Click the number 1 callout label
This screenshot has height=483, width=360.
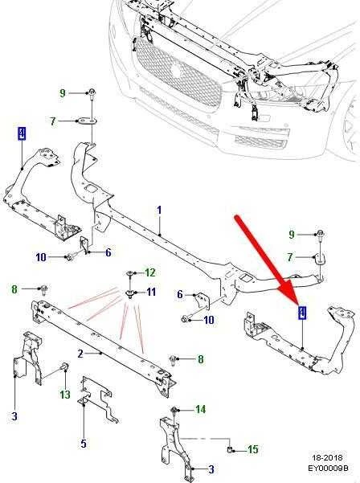(x=159, y=211)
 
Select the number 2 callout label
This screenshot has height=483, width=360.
(x=80, y=354)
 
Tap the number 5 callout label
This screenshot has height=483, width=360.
(x=84, y=444)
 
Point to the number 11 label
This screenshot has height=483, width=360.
(x=151, y=292)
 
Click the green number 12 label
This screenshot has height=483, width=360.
(x=150, y=272)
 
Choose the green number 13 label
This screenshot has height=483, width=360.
(x=65, y=395)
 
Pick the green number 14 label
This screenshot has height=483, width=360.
(x=200, y=409)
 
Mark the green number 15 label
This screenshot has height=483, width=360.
(x=253, y=449)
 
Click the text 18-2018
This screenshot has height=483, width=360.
(x=327, y=458)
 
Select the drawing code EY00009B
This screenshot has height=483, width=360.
(x=329, y=468)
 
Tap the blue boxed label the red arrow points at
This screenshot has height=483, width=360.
(x=302, y=313)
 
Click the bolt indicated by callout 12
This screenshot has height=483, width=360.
(x=130, y=273)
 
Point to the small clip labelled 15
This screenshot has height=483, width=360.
(x=230, y=450)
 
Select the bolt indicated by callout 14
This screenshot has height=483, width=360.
(x=173, y=410)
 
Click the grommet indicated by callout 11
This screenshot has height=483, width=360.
(x=130, y=293)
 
